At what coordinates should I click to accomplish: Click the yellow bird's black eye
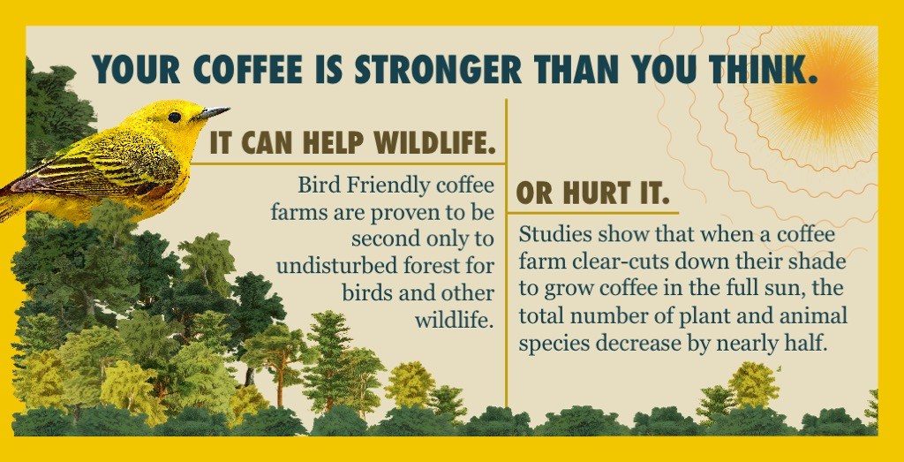175,117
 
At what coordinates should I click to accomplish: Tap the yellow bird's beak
212,113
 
